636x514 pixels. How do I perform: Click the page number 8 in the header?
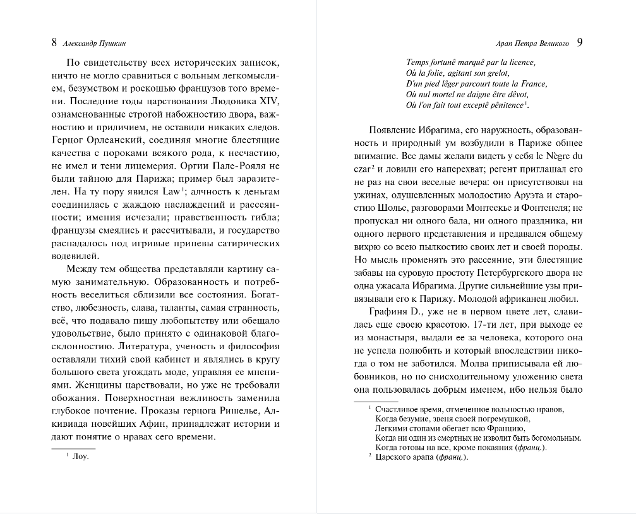(x=54, y=43)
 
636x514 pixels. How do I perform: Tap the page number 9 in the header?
(x=580, y=43)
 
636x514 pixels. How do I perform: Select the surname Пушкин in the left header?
(x=119, y=44)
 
